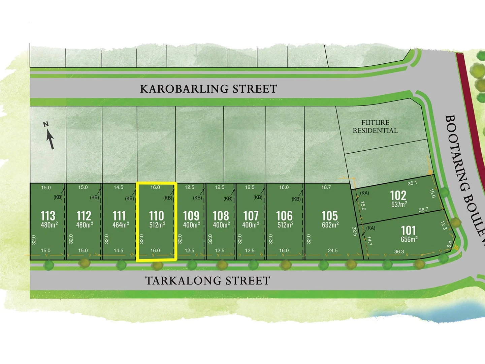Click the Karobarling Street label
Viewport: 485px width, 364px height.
[x=208, y=89]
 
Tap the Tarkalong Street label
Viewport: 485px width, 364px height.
[x=207, y=281]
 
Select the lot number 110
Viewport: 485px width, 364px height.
[x=157, y=216]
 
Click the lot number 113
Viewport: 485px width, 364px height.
[x=48, y=216]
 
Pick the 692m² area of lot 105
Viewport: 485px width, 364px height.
[x=330, y=225]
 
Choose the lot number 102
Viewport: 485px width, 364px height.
[x=398, y=195]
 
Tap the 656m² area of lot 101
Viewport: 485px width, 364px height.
[x=409, y=239]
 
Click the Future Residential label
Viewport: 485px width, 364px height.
[x=375, y=126]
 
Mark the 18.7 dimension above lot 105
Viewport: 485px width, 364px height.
[x=326, y=187]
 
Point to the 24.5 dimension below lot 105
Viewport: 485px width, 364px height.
[x=332, y=250]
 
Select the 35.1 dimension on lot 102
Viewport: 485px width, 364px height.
[x=412, y=183]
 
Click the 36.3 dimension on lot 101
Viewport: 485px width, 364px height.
[x=399, y=251]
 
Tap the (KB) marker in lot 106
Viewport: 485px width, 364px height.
[x=296, y=199]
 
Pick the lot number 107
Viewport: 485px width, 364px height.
[x=251, y=216]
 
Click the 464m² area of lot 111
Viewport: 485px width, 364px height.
[x=121, y=225]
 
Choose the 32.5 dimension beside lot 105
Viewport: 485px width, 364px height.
[x=354, y=231]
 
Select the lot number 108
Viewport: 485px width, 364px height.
[x=221, y=216]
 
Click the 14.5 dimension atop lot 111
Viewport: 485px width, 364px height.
[x=119, y=187]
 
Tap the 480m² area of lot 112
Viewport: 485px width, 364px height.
[x=85, y=225]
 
